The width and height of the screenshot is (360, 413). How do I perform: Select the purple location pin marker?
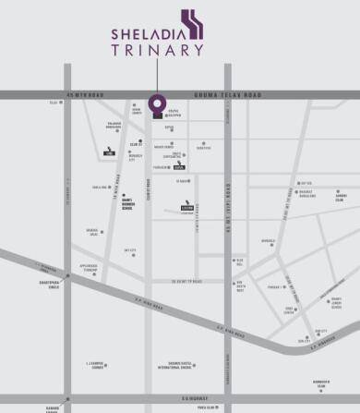(157, 103)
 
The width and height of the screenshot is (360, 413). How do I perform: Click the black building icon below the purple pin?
(157, 116)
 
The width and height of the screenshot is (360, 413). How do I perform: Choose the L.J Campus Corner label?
(90, 366)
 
